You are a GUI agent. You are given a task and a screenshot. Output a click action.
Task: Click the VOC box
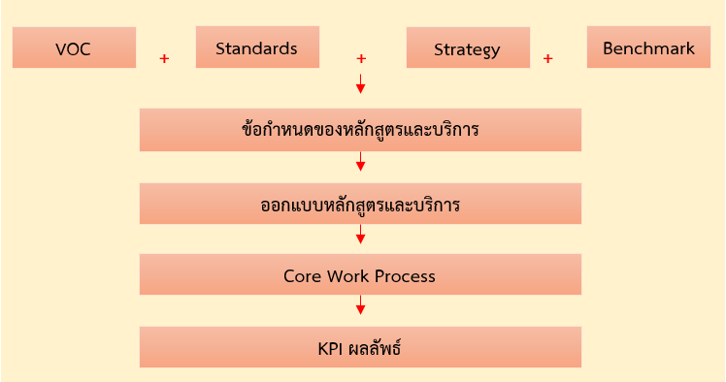click(74, 48)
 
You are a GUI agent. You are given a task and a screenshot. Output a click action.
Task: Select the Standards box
click(257, 48)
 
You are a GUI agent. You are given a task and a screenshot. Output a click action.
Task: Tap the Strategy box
click(468, 48)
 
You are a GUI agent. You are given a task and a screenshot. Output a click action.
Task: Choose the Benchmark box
click(648, 48)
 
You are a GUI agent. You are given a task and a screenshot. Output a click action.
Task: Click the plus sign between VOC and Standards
click(164, 59)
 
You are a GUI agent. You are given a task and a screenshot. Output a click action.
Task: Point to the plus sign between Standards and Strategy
click(361, 59)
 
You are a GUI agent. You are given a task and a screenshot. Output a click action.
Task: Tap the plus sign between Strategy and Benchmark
click(547, 59)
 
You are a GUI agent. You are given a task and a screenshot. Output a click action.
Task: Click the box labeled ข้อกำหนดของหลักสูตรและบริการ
click(360, 130)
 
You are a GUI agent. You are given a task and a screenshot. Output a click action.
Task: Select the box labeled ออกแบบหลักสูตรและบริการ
click(360, 204)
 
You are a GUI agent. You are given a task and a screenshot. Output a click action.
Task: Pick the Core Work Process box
click(360, 274)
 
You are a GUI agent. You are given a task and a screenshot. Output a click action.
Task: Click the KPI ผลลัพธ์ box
click(360, 347)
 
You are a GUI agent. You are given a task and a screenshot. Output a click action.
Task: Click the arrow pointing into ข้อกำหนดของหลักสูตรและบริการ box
click(361, 83)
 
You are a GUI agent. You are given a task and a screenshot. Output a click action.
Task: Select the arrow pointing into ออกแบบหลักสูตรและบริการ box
click(361, 161)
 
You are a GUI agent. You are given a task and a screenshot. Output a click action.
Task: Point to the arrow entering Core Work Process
click(361, 234)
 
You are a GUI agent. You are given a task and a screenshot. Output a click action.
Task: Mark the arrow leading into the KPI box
click(361, 304)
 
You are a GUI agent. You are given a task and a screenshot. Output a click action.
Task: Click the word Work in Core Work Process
click(347, 276)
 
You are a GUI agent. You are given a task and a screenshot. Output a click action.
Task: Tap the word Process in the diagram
click(405, 276)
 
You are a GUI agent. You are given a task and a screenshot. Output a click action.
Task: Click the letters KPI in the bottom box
click(330, 349)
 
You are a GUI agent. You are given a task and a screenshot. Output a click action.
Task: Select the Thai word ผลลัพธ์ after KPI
click(374, 348)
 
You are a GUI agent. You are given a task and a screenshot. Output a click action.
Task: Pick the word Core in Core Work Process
click(303, 276)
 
